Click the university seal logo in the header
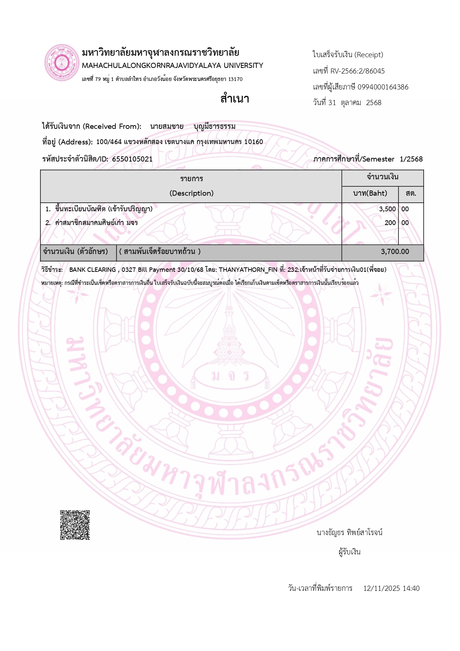coord(62,63)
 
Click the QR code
coord(75,525)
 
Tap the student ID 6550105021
coord(132,159)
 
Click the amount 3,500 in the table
coord(387,209)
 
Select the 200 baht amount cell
coord(390,223)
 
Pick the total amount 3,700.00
coord(395,252)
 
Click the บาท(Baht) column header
coord(370,193)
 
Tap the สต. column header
coord(411,193)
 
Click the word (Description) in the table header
coord(191,193)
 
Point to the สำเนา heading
coord(235,99)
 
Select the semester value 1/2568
coord(411,159)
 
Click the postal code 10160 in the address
coord(253,142)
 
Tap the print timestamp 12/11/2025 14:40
coord(391,588)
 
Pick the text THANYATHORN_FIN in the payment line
coord(248,270)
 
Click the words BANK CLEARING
coord(92,270)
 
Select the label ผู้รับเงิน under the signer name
coord(349,552)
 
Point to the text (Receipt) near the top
coord(369,55)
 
